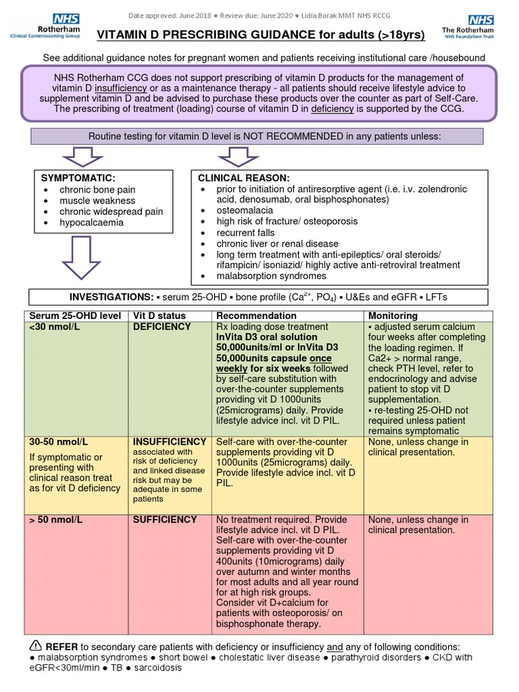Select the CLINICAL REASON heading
243,178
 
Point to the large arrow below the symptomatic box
82,260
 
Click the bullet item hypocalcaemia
91,222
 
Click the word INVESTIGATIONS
111,297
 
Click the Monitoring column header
393,316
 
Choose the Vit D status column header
159,316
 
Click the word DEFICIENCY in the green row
162,327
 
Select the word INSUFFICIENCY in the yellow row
170,442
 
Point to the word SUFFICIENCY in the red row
165,520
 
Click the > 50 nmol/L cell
55,520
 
